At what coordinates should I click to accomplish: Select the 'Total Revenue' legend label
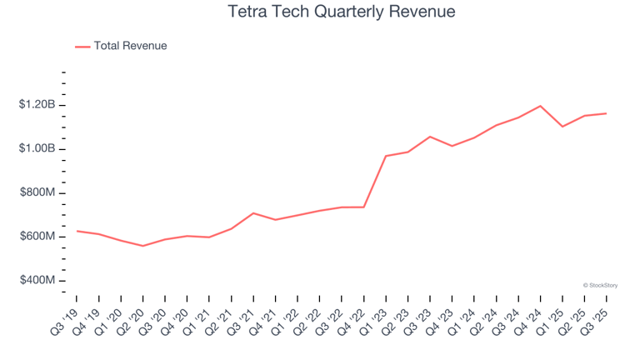[x=130, y=46]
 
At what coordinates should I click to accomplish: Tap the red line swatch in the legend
[x=82, y=47]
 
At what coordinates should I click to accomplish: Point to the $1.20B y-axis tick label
[x=37, y=105]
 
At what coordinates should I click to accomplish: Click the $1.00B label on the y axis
[x=37, y=149]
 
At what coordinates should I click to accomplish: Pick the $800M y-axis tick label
[x=37, y=192]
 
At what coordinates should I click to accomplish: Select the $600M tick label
[x=37, y=237]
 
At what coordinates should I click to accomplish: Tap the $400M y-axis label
[x=37, y=281]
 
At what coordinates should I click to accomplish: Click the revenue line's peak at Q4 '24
[x=541, y=106]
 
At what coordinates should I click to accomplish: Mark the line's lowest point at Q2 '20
[x=143, y=246]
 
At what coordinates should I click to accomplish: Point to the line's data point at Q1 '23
[x=386, y=156]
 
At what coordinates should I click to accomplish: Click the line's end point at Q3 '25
[x=607, y=113]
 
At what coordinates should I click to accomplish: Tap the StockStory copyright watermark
[x=600, y=285]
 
